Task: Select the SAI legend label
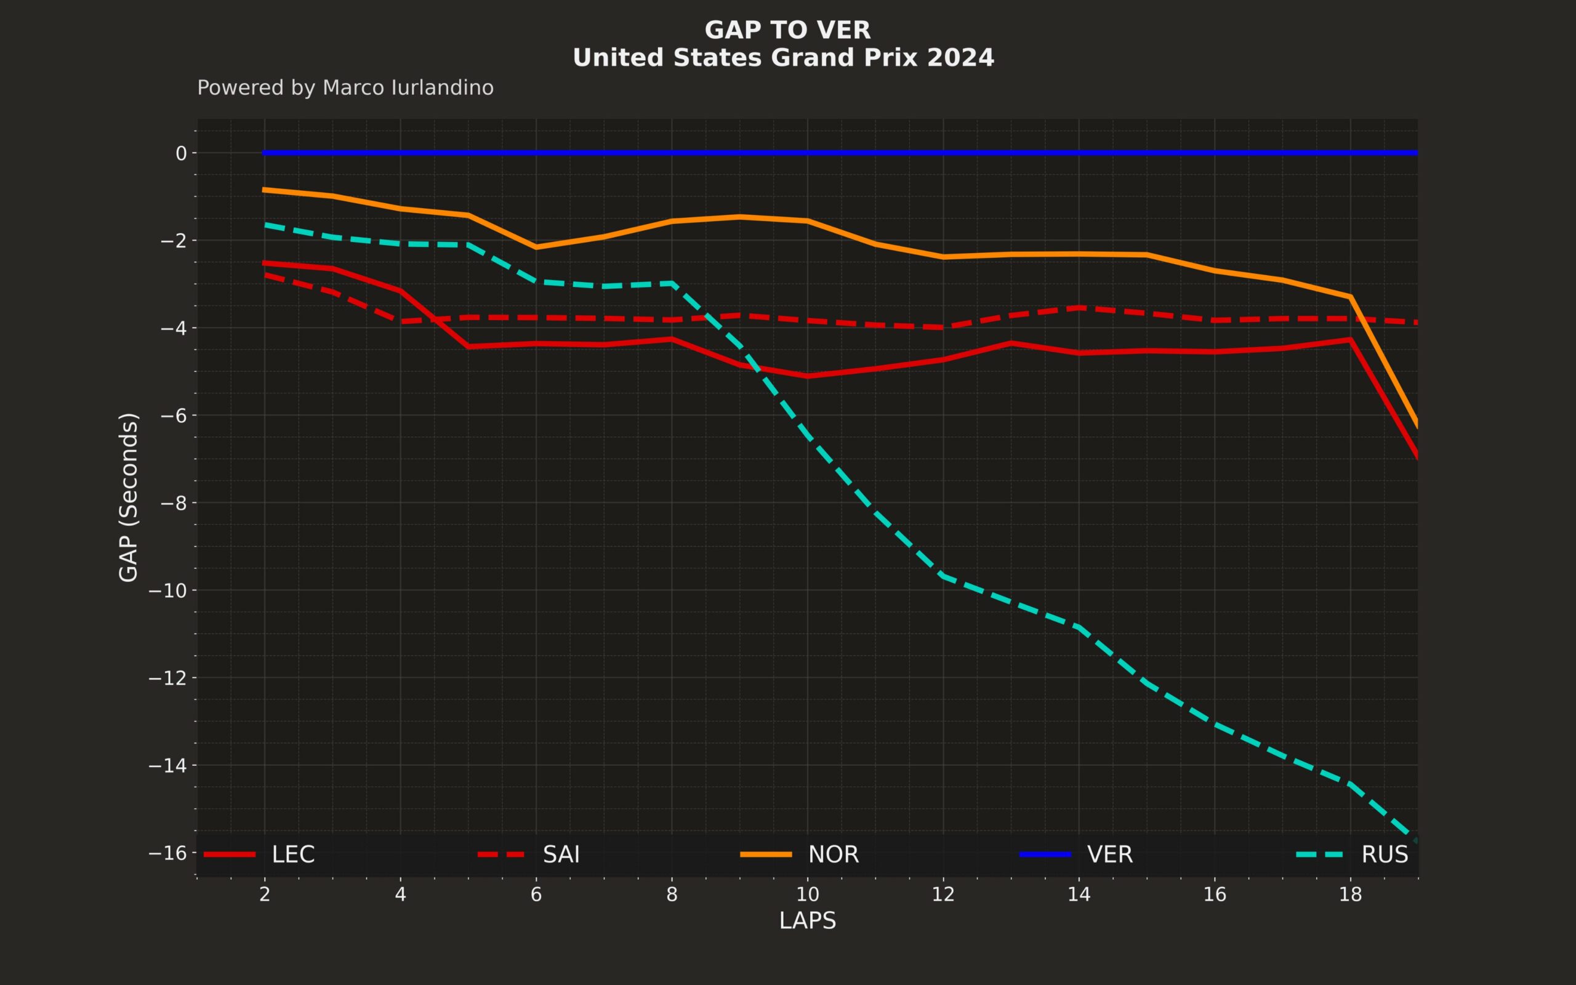point(561,854)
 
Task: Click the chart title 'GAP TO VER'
point(787,30)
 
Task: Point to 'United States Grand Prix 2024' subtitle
point(784,58)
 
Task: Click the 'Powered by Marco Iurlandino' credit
point(345,88)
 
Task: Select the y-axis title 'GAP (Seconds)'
point(128,497)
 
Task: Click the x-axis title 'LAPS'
point(808,920)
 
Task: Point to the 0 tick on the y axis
point(181,153)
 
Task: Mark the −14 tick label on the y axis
point(168,765)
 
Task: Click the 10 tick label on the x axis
point(808,895)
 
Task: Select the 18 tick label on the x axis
point(1351,895)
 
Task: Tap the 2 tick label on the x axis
point(264,895)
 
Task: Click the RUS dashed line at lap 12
point(943,576)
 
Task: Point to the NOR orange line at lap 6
point(536,247)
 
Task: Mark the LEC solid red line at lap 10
point(808,376)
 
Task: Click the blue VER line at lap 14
point(1079,153)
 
